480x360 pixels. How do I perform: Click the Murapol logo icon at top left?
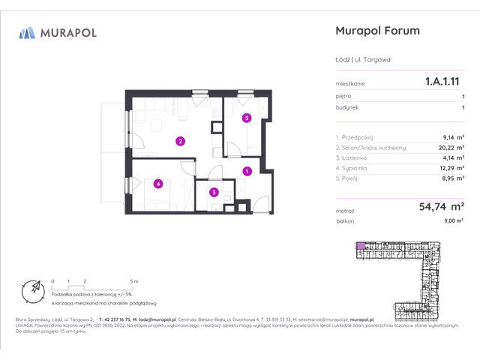coord(28,32)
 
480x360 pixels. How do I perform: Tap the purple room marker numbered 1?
coord(247,171)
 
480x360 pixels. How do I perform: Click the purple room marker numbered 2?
coord(180,140)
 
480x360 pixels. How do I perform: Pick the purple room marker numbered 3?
coord(214,192)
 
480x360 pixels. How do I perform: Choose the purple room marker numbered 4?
coord(158,184)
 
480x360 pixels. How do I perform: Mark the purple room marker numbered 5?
coord(246,118)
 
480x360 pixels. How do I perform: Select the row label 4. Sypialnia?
coord(355,169)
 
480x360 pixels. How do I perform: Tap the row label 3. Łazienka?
coord(355,158)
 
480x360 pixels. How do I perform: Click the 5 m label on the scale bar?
coord(133,280)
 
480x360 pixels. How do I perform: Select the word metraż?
coord(345,212)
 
